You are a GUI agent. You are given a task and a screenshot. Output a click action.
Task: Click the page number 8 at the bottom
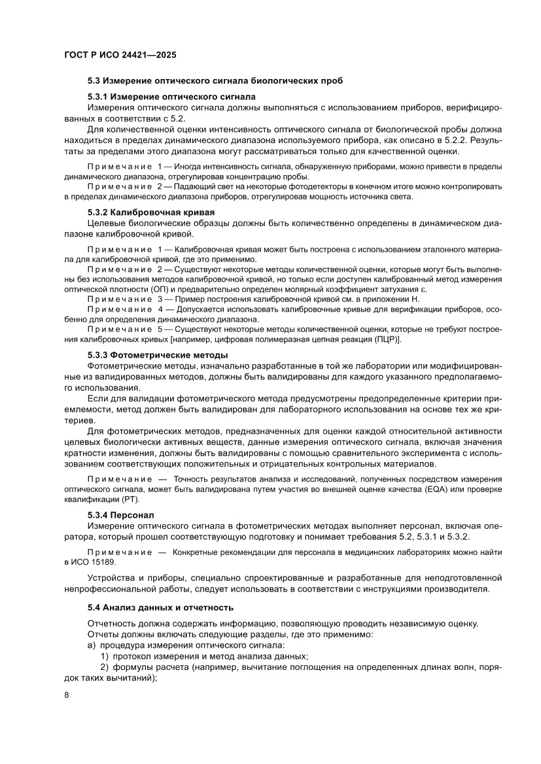67,694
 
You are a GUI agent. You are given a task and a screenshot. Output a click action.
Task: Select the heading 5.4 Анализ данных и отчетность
160,606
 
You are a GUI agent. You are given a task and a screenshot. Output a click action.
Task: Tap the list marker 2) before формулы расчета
104,667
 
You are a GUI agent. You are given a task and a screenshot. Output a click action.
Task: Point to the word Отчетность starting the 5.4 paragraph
113,623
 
